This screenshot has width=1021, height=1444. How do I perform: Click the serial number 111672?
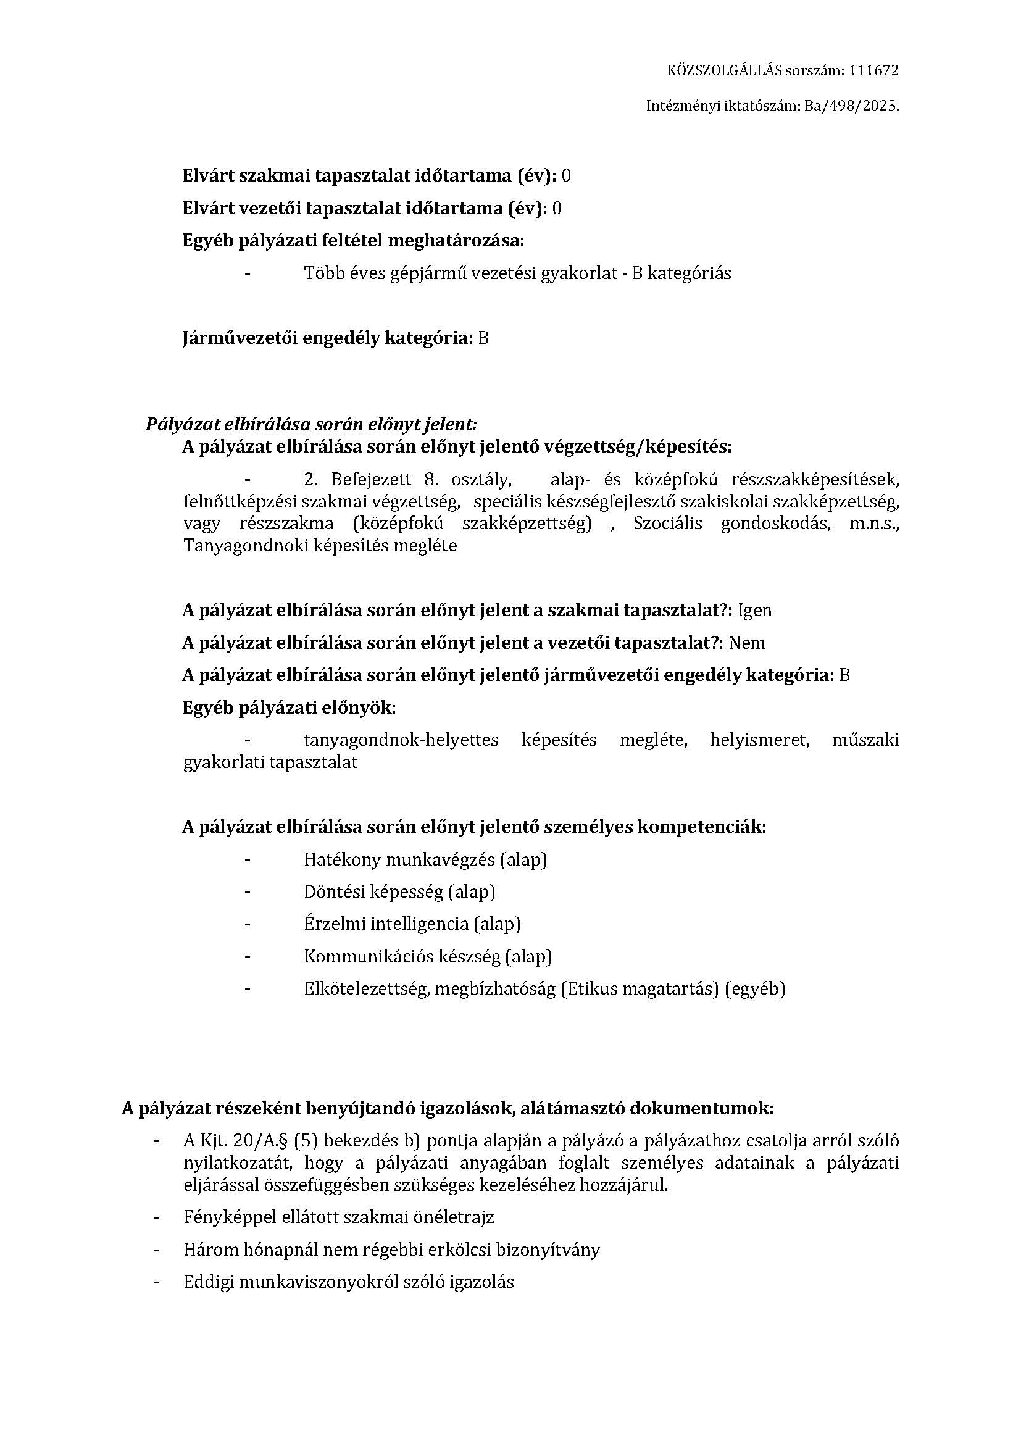(x=873, y=70)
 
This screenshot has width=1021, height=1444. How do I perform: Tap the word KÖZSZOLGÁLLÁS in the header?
(x=724, y=70)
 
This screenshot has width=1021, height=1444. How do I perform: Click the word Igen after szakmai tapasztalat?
(x=754, y=610)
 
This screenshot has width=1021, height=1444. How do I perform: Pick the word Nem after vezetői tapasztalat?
(x=747, y=643)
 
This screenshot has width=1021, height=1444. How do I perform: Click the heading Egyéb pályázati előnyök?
(x=289, y=707)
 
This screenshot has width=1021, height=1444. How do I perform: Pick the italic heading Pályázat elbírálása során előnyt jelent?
(x=311, y=424)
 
